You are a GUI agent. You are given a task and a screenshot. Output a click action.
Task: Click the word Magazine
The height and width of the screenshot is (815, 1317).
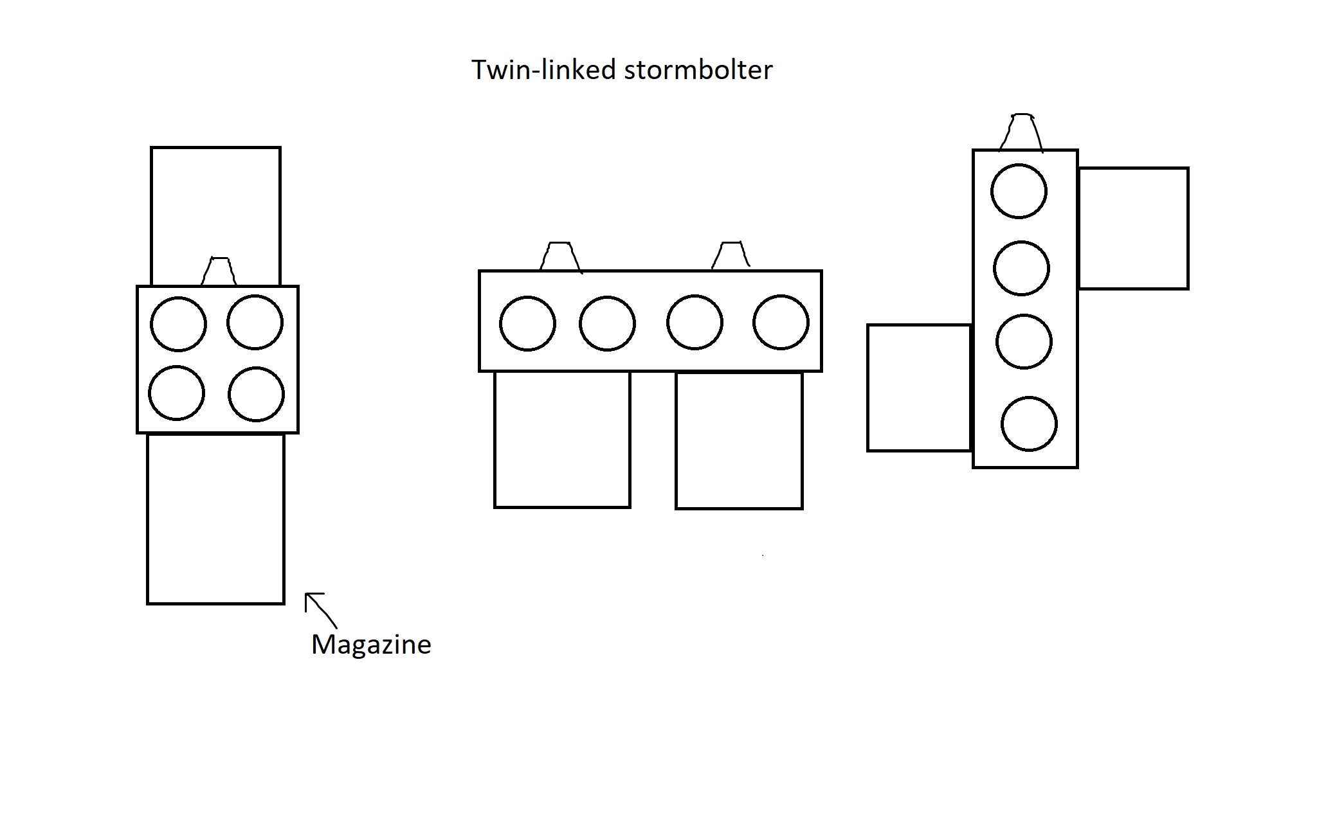coord(371,645)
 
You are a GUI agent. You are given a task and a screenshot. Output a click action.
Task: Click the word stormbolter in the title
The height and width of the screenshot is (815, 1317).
coord(698,70)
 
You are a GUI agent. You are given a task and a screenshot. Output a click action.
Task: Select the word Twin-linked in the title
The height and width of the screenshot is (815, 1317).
coord(544,70)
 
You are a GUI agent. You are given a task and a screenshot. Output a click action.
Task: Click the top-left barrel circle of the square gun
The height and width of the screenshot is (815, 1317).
coord(178,324)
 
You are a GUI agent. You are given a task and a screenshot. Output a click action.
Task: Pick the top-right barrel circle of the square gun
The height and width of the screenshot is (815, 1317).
coord(255,322)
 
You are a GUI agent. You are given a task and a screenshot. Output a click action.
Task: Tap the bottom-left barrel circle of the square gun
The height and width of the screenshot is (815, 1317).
coord(177,393)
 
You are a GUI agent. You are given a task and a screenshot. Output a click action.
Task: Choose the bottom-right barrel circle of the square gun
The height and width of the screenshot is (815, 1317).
coord(256,394)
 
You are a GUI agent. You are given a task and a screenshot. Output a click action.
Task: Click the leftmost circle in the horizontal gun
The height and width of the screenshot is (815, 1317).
coord(527,323)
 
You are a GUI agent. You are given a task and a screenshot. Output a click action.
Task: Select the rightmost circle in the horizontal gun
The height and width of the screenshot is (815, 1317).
coord(781,322)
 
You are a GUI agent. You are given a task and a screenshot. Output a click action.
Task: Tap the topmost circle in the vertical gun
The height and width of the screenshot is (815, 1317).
coord(1019,191)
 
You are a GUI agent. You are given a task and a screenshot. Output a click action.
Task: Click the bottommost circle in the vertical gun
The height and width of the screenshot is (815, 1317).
coord(1029,424)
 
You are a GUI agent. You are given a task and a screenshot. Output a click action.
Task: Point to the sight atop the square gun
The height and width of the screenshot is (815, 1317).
coord(219,271)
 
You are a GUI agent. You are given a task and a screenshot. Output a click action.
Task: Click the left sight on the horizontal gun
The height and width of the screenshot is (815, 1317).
coord(560,256)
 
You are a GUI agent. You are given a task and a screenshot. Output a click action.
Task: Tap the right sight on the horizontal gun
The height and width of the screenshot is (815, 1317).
coord(731,255)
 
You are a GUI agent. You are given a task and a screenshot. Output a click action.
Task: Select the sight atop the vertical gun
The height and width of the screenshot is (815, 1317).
coord(1021,132)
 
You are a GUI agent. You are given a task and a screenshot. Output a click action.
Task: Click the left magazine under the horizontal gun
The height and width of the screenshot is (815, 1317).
coord(562,440)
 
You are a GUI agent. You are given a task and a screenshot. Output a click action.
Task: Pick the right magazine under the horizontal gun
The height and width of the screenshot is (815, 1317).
coord(739,440)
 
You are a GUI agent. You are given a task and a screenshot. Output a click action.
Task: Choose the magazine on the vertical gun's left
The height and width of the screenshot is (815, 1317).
coord(919,388)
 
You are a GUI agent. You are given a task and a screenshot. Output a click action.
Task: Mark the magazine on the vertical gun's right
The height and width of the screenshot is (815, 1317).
coord(1133,228)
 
